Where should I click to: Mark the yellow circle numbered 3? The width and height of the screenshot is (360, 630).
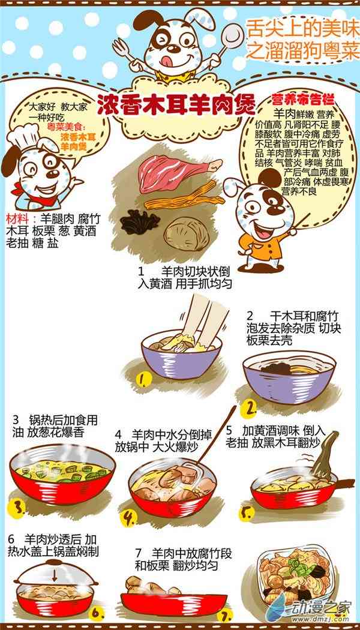(16, 508)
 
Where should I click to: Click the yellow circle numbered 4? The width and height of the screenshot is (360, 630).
(128, 518)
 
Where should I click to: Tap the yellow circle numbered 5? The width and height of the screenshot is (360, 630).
(247, 513)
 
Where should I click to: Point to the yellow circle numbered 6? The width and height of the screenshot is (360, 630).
(97, 613)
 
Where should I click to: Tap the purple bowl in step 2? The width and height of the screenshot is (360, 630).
(289, 377)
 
